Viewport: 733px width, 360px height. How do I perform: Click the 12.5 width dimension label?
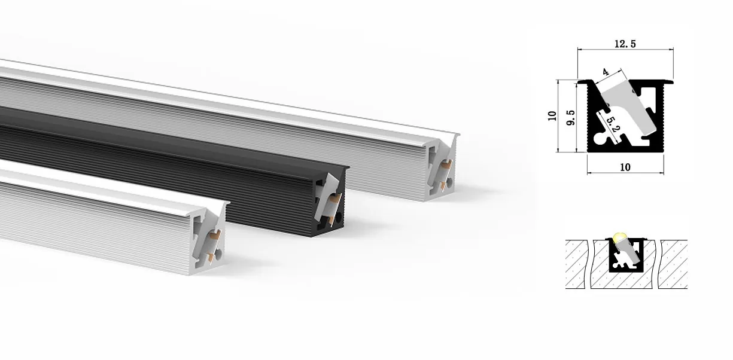point(625,44)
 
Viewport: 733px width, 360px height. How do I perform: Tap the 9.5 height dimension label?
point(570,118)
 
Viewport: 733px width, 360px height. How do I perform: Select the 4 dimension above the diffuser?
point(606,72)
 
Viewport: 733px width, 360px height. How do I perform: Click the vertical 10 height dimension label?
point(552,116)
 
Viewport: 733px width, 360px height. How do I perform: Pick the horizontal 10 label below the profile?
point(625,167)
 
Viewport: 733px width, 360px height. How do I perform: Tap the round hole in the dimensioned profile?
point(598,139)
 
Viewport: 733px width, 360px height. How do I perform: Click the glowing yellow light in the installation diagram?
point(619,237)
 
